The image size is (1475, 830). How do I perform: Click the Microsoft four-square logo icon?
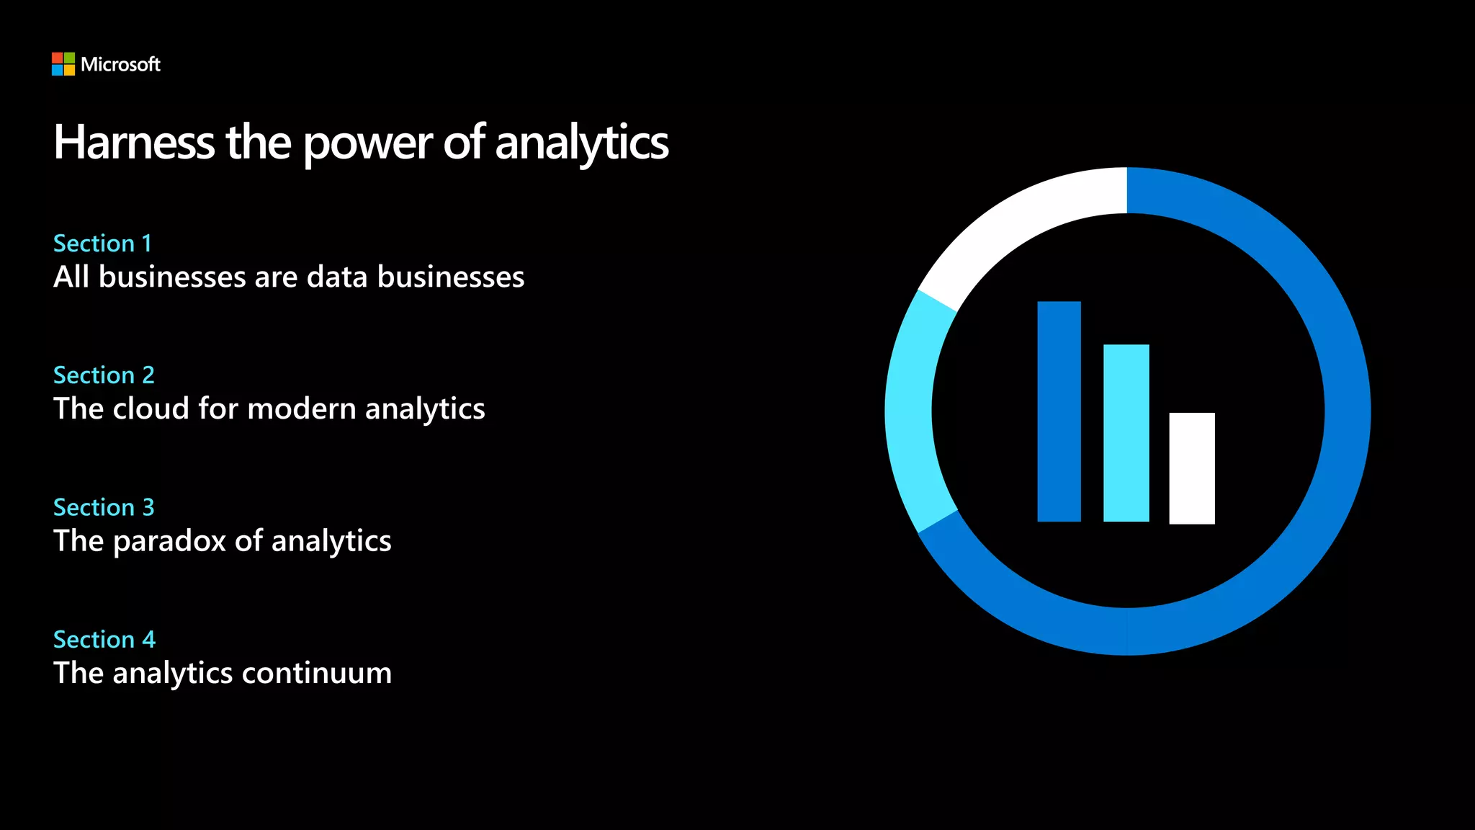(x=63, y=64)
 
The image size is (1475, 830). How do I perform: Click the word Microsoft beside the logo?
(x=120, y=65)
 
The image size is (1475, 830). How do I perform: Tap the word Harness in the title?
(x=134, y=142)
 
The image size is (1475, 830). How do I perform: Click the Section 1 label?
(x=102, y=244)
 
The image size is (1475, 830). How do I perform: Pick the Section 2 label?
(x=104, y=375)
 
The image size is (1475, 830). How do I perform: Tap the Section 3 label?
(x=104, y=507)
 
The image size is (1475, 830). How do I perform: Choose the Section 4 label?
(x=104, y=640)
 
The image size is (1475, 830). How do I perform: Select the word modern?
(x=301, y=409)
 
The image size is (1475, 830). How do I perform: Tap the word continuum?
(x=317, y=674)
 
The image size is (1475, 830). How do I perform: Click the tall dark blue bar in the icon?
(x=1059, y=411)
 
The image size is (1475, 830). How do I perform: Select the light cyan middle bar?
(x=1126, y=432)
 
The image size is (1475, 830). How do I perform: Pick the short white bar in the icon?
(x=1191, y=468)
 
